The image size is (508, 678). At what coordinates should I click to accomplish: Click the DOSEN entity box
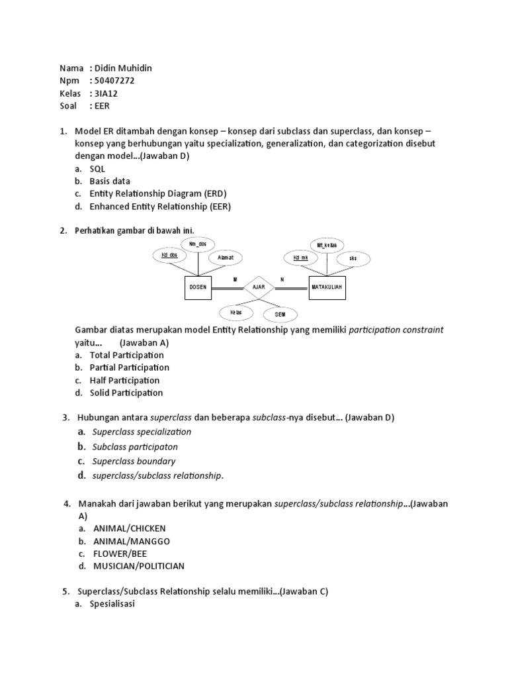(x=198, y=287)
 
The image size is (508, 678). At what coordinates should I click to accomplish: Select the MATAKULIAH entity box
(x=329, y=287)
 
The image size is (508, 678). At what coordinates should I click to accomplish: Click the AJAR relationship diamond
(x=258, y=287)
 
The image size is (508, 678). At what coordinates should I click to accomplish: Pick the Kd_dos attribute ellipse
(x=169, y=255)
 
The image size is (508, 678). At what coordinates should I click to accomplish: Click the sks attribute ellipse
(x=353, y=258)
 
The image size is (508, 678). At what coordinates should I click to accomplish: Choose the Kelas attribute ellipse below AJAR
(x=235, y=311)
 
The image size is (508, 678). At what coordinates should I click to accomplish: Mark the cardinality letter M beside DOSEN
(x=235, y=280)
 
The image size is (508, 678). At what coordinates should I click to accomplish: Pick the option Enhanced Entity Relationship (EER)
(x=160, y=206)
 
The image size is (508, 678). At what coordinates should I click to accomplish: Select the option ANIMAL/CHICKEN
(x=128, y=528)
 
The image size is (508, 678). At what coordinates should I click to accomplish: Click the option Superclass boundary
(x=134, y=461)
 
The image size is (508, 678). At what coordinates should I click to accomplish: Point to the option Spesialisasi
(x=112, y=605)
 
